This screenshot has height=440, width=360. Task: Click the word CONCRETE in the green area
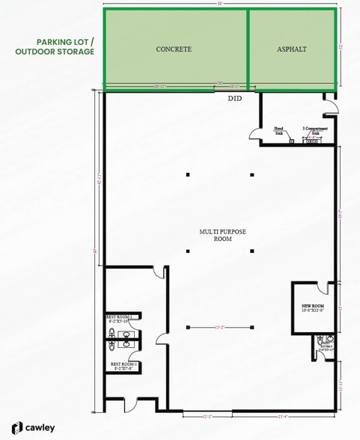[x=174, y=49]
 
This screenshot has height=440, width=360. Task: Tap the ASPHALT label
[x=291, y=49]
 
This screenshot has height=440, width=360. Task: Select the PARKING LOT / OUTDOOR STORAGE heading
[x=55, y=47]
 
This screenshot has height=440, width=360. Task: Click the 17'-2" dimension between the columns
[x=219, y=327]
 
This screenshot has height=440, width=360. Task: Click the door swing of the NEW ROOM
[x=324, y=289]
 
